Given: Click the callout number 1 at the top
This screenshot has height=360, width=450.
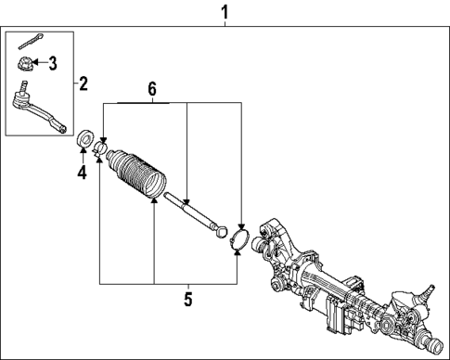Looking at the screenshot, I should [x=224, y=12].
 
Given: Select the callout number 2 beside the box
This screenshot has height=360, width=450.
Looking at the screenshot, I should [x=84, y=84].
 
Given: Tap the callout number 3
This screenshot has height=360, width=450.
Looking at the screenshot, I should [x=53, y=64].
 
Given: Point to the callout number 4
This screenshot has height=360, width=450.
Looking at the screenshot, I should [x=82, y=172].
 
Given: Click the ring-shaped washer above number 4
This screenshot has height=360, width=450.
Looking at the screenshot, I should [x=84, y=139].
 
